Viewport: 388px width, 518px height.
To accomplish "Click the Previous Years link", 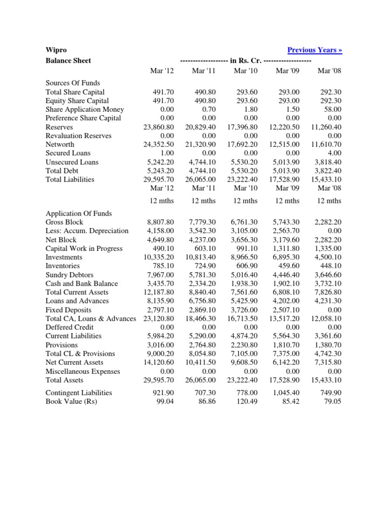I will pos(314,50).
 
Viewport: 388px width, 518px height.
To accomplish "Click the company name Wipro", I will pos(56,50).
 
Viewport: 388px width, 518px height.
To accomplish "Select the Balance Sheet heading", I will pos(68,61).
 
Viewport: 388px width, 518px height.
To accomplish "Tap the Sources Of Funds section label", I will pos(73,83).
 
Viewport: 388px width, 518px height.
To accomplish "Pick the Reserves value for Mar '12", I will pos(159,127).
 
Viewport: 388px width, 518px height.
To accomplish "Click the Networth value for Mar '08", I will pos(326,144).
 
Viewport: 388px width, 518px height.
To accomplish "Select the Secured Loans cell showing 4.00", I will pos(334,153).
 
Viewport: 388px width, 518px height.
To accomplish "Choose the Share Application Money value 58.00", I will pos(332,109).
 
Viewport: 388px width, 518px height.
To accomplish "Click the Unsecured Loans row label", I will pos(72,162).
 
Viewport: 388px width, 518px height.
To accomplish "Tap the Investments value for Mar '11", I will pos(200,257).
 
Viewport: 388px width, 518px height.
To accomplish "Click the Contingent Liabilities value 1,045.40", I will pos(286,393).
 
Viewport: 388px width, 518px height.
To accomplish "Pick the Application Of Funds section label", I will pos(78,213).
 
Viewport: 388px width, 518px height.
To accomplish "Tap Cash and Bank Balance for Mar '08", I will pos(328,283).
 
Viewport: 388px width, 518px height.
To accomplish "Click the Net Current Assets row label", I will pos(74,362).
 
